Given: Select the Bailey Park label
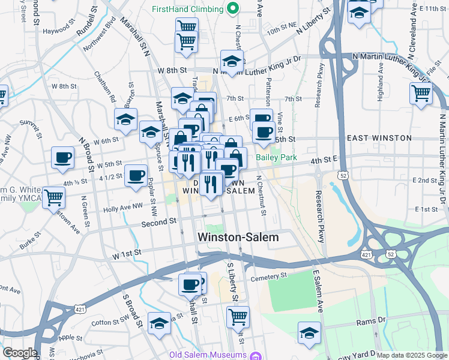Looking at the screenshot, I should [x=277, y=158].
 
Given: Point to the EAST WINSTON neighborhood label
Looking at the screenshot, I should [x=379, y=138].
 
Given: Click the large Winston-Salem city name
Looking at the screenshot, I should [x=238, y=238].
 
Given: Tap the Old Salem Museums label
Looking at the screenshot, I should [x=209, y=353].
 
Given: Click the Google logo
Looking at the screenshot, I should [x=19, y=353].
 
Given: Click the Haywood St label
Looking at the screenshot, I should [x=56, y=30].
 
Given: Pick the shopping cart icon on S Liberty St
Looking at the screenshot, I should [x=238, y=316].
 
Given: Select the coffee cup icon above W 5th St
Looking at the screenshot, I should [x=62, y=157].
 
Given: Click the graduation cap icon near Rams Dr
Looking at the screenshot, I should [x=310, y=332].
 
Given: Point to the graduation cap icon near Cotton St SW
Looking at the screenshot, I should [x=159, y=323].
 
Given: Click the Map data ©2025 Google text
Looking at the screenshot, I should [x=412, y=355].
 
